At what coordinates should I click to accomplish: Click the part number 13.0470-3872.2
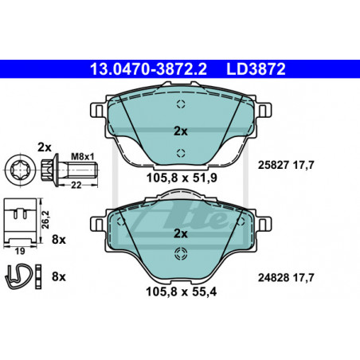(x=148, y=69)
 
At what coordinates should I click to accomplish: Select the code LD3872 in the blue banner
(x=256, y=69)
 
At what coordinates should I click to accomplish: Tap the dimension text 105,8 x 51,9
(x=182, y=178)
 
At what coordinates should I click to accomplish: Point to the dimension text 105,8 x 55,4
(x=182, y=292)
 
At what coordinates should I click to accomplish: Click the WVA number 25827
(x=273, y=165)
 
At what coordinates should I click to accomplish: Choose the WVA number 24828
(x=273, y=278)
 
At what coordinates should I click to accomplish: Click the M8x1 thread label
(x=83, y=157)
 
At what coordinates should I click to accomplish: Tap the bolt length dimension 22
(x=76, y=185)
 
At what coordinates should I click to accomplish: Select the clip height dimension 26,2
(x=45, y=220)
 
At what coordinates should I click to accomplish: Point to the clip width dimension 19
(x=20, y=251)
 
